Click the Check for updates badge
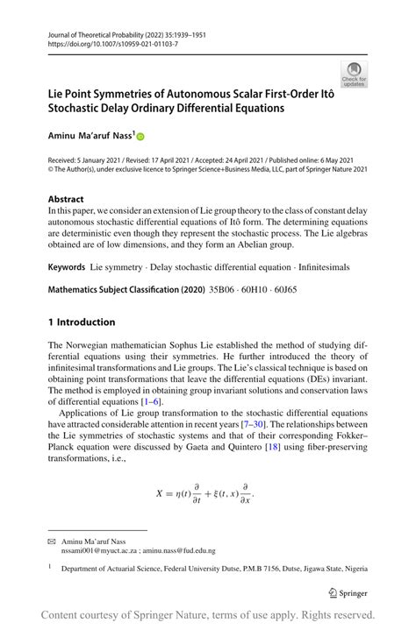[355, 74]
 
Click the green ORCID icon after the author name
[139, 137]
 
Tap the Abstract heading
[67, 199]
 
